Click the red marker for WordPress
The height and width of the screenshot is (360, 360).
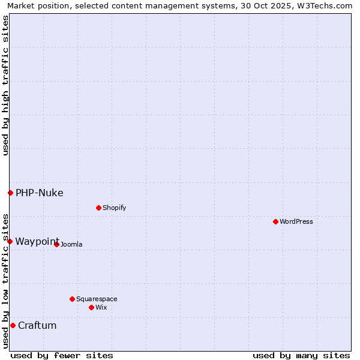coord(275,221)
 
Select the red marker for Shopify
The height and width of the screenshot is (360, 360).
coord(98,208)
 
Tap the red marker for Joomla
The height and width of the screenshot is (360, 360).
coord(56,244)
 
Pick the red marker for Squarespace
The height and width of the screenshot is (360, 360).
coord(72,299)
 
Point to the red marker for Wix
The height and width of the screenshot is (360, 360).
coord(91,307)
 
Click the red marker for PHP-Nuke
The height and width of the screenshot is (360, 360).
coord(10,193)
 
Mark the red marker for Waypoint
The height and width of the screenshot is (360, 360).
coord(10,241)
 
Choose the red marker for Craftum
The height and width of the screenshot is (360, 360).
coord(13,325)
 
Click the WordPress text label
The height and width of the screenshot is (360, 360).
coord(296,221)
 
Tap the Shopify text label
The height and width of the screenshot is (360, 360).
coord(114,208)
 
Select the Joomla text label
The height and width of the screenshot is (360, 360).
coord(71,244)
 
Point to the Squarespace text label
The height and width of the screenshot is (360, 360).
coord(97,299)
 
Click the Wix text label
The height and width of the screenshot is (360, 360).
coord(101,307)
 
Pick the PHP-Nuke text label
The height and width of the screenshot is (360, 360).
coord(40,193)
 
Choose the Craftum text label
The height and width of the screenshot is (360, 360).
coord(37,325)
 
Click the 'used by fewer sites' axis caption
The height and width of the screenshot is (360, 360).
coord(62,355)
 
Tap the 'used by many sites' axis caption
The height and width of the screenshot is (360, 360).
coord(301,355)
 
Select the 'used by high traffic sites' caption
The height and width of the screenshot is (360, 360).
coord(5,85)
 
